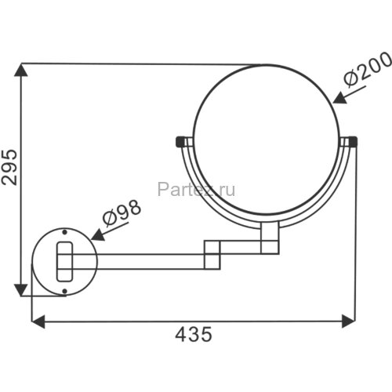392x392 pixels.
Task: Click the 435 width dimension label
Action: (x=194, y=334)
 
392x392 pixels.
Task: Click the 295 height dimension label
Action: (x=9, y=167)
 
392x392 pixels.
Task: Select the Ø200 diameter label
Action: (x=368, y=68)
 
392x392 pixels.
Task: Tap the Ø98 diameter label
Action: (x=122, y=213)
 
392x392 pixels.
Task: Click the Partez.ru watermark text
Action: (x=196, y=189)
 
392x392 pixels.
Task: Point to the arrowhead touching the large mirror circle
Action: (x=340, y=99)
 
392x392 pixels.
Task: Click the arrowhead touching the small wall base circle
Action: (x=99, y=235)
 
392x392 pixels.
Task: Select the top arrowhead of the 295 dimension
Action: (x=21, y=70)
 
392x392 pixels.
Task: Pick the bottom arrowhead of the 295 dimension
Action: (x=21, y=290)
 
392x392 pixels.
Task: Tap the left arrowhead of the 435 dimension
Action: (x=38, y=321)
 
